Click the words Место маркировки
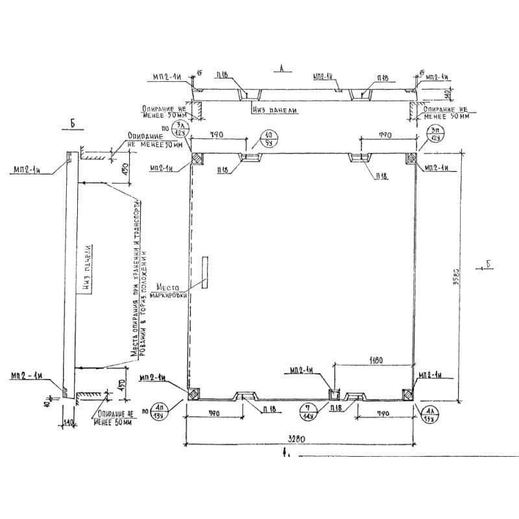pos(169,289)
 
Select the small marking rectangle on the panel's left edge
pos(204,272)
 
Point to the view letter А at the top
pos(281,67)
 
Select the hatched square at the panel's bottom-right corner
pos(407,394)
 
